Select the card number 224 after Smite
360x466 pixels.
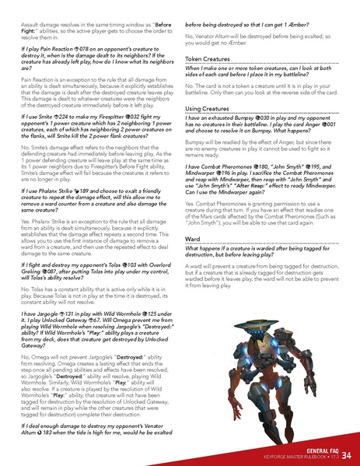pyautogui.click(x=79, y=136)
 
